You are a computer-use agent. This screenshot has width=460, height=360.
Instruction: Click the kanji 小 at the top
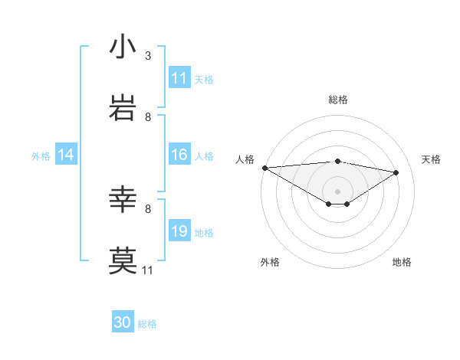(123, 47)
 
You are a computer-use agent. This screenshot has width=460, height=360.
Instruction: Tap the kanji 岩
(123, 108)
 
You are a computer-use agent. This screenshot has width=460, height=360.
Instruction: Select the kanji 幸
(123, 200)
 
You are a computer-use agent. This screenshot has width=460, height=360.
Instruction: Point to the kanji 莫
(123, 260)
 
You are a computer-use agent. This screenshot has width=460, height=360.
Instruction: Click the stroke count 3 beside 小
(147, 56)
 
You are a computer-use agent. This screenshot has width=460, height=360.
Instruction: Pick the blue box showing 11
(179, 78)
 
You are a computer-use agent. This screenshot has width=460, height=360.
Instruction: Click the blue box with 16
(179, 155)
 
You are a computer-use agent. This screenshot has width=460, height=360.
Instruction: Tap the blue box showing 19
(179, 231)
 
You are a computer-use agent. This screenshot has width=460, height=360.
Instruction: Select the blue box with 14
(66, 155)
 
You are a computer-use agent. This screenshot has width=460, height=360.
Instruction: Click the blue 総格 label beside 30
(147, 324)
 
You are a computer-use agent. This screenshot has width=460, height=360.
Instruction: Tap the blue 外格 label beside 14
(41, 155)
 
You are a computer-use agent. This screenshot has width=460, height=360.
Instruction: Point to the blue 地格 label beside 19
(204, 232)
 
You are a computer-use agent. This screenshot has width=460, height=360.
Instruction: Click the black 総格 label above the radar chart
(338, 100)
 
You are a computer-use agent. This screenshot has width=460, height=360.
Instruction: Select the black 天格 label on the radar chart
(431, 159)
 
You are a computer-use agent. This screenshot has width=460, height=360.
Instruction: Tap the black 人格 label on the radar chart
(245, 159)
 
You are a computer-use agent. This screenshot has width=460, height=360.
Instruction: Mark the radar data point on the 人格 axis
(264, 167)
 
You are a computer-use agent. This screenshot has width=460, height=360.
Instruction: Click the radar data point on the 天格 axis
(396, 172)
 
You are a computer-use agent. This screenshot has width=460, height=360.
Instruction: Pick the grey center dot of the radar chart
(338, 191)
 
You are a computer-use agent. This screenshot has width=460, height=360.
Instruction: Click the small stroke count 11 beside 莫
(147, 270)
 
